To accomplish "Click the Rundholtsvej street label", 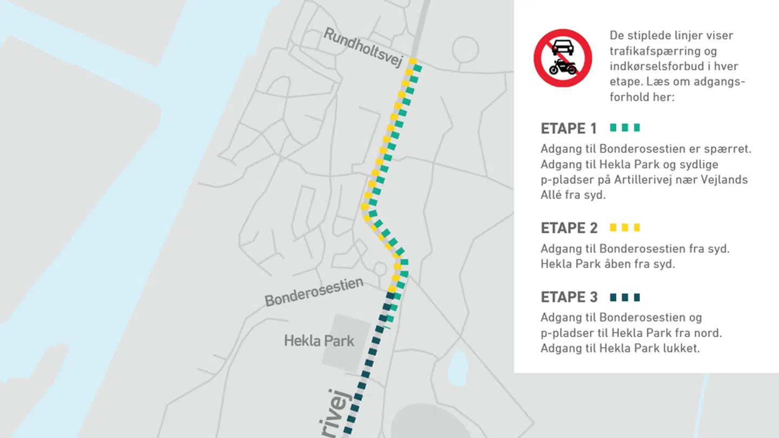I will pos(363,48).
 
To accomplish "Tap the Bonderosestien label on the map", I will pos(313,292).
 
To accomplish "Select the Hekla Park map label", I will pos(319,341).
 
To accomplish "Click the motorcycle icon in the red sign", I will pos(563,68).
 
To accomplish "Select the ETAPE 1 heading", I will pos(569,129).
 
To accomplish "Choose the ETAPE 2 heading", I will pos(569,228).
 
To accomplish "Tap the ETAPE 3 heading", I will pos(569,297).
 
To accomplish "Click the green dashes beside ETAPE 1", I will pos(625,128).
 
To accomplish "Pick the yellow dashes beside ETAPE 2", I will pos(625,228).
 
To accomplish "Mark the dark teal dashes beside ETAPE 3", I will pos(625,297).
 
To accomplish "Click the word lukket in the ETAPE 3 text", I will pos(683,348).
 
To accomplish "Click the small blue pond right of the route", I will pos(458,368).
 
